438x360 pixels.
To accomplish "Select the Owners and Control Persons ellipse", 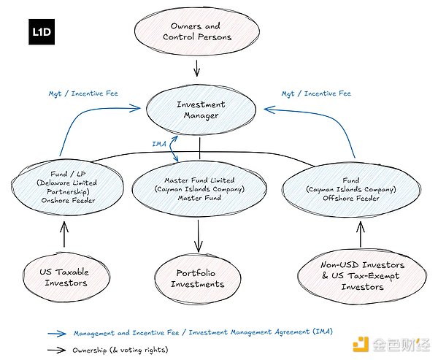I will pos(196,31).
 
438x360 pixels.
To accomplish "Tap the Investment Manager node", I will pos(200,110).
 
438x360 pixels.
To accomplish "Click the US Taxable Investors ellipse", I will pos(63,277).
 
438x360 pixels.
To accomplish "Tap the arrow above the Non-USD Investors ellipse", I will pos(358,234).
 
